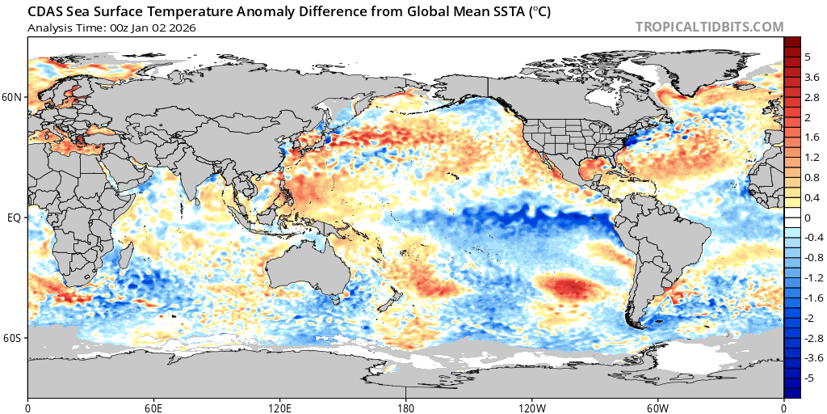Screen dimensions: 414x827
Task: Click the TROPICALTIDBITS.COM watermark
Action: pos(709,27)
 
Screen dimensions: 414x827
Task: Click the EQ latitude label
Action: pos(15,218)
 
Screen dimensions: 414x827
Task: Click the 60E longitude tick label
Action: pos(153,406)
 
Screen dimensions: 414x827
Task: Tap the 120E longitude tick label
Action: pos(279,406)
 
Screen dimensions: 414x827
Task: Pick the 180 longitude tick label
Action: pos(406,406)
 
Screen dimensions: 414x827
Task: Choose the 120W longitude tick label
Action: pos(532,406)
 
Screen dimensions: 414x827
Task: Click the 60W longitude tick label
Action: pos(657,406)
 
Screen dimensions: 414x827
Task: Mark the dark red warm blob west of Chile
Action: pos(569,285)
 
